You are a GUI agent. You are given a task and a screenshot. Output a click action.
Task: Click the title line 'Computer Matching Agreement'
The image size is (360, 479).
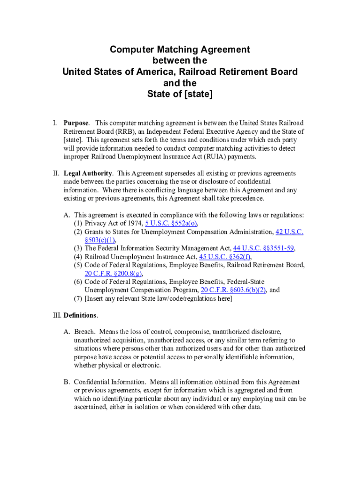click(180, 50)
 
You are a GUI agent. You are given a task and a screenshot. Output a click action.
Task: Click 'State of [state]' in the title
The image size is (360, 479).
click(180, 94)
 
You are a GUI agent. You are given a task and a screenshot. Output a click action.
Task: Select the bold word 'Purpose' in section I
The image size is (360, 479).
click(75, 123)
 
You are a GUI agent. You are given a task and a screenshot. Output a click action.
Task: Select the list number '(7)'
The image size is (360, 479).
click(78, 298)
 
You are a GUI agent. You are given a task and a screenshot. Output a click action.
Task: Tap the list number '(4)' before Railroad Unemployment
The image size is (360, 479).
click(78, 257)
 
